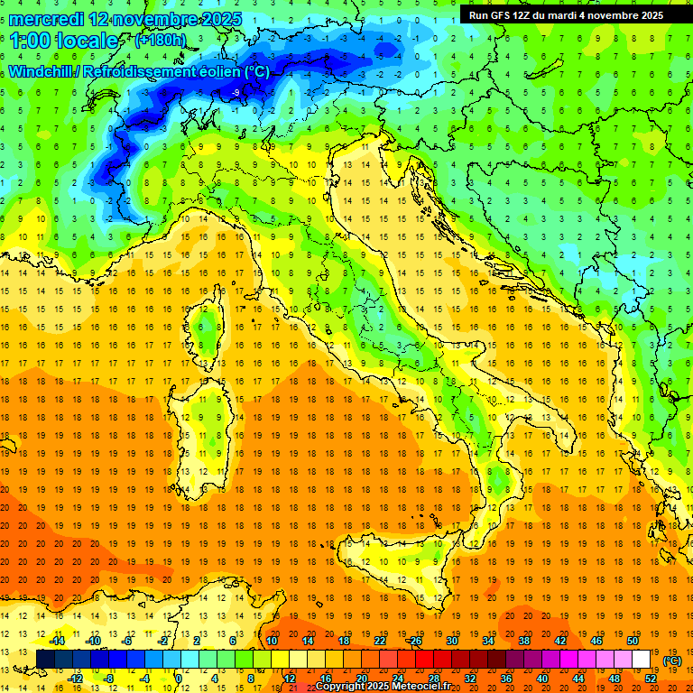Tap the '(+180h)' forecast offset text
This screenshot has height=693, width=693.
[160, 40]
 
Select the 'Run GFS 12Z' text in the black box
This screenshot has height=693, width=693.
[502, 14]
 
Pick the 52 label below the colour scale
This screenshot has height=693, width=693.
[651, 679]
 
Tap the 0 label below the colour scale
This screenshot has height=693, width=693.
[179, 679]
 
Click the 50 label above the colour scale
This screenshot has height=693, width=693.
[633, 641]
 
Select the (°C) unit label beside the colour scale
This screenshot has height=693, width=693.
[672, 660]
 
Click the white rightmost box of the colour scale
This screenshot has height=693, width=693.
[641, 660]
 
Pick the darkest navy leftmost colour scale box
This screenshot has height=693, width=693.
[45, 660]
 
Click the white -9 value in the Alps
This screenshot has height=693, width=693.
[236, 92]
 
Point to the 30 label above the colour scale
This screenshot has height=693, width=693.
[452, 641]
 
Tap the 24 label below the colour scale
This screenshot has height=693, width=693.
[398, 679]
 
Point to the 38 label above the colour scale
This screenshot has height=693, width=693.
[524, 641]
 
